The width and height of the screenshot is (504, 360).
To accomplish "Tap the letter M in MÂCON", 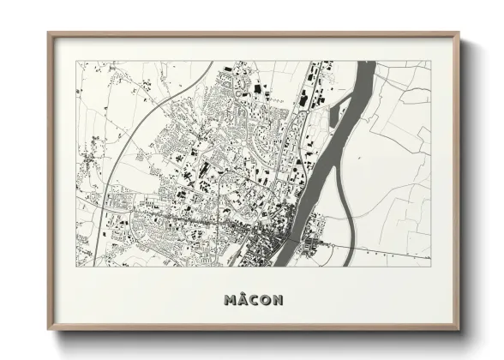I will coord(229,301).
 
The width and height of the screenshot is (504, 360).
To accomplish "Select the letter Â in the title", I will coord(242,301).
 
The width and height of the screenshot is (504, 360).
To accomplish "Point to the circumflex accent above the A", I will coord(242,294).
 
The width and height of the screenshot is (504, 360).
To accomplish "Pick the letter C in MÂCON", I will coord(253,301).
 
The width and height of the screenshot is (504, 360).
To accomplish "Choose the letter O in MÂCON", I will coord(265,301).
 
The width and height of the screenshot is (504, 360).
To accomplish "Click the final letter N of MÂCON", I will coord(278,301).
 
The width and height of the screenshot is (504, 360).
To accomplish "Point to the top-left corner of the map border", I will coord(77,61).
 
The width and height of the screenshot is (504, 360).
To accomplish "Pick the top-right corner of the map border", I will coord(430,61).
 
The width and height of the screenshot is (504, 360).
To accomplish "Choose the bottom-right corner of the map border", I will coord(430,266).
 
